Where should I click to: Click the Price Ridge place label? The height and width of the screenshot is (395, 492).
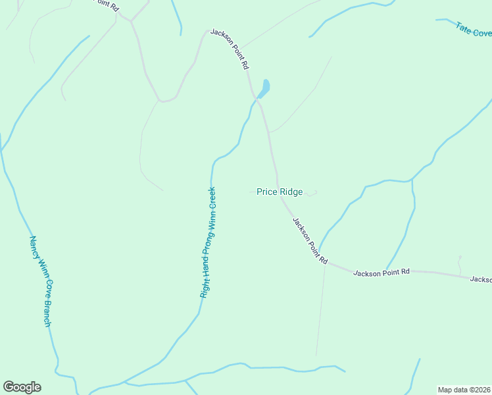pos(280,192)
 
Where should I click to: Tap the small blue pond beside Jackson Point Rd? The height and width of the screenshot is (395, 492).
pos(264,88)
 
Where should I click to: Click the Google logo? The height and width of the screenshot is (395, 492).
pos(22,387)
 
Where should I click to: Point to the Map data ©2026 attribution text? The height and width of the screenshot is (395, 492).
pos(464,390)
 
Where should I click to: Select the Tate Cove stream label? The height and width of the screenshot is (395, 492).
pos(473,30)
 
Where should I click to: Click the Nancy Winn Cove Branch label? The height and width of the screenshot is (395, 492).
pos(40,281)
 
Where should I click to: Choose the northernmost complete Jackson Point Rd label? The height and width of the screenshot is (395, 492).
pos(230,49)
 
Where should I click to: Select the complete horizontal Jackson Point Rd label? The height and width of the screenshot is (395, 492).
pos(381,272)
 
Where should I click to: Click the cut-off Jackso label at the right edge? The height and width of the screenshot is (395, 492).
pos(481,280)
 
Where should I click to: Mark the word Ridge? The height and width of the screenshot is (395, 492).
pos(291,192)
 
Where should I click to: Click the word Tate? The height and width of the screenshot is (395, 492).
pos(463,26)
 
